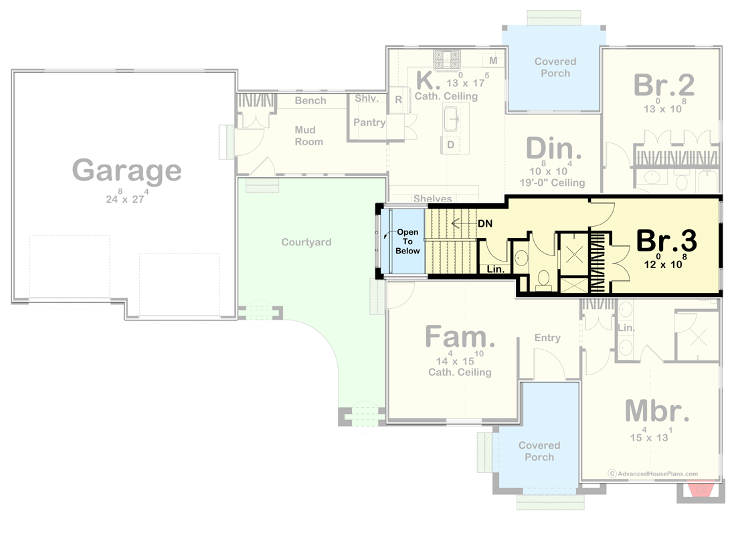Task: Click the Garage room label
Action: (126, 171)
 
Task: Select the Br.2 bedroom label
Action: (663, 85)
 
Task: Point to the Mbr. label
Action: (657, 411)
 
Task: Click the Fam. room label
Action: (460, 337)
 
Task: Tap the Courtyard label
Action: (306, 242)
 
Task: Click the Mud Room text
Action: (308, 136)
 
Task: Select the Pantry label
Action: (369, 122)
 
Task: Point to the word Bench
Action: (310, 100)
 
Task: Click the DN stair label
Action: (485, 223)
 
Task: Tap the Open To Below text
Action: (408, 241)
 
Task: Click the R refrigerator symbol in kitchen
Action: (398, 100)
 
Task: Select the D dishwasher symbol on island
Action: (450, 144)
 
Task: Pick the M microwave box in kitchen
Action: (493, 61)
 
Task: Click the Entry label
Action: (547, 338)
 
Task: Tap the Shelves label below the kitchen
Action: (432, 199)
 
